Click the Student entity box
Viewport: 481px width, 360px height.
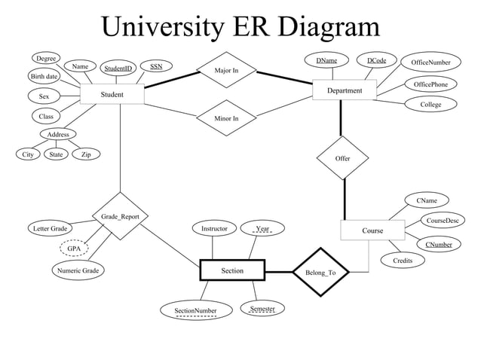click(x=112, y=95)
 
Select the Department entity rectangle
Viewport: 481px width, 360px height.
click(x=345, y=90)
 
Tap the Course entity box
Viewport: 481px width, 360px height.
click(x=372, y=230)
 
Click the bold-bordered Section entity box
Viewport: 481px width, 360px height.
click(x=232, y=270)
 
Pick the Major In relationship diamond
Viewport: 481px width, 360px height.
click(x=226, y=71)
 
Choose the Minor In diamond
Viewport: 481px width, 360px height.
click(x=226, y=118)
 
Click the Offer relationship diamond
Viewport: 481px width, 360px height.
click(x=342, y=158)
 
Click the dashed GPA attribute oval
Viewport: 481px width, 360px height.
click(x=74, y=248)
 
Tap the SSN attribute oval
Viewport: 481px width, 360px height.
click(x=156, y=67)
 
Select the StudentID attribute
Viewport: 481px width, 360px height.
click(x=118, y=69)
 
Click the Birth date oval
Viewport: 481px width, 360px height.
click(x=44, y=77)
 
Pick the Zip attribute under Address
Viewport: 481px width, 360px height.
click(x=86, y=154)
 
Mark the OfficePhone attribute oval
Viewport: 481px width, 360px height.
click(x=430, y=84)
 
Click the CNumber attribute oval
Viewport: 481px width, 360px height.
click(x=438, y=245)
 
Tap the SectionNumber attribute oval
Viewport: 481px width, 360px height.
click(x=195, y=310)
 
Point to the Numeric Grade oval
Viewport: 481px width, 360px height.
click(x=78, y=270)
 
